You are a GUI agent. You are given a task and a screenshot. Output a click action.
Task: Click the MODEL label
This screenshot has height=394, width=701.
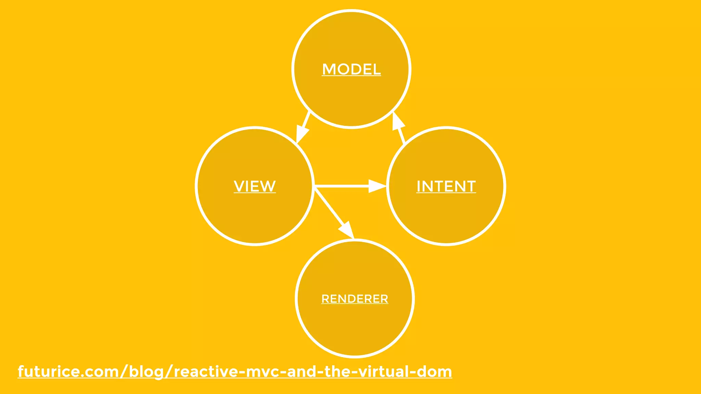click(x=351, y=69)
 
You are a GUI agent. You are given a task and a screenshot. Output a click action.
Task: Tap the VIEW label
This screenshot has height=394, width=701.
click(x=255, y=186)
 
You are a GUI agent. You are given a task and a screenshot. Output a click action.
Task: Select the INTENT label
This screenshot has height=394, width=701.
click(x=446, y=186)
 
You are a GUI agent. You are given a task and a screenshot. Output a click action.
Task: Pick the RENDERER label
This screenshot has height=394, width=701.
click(x=355, y=299)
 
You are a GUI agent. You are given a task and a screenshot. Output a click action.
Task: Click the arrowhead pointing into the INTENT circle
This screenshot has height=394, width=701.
click(x=377, y=186)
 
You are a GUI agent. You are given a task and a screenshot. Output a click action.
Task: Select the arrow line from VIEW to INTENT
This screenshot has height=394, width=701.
click(x=342, y=186)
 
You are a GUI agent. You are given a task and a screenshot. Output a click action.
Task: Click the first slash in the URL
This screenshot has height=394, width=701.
click(x=124, y=372)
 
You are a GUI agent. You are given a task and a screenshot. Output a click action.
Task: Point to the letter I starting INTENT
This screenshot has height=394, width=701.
click(x=419, y=186)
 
